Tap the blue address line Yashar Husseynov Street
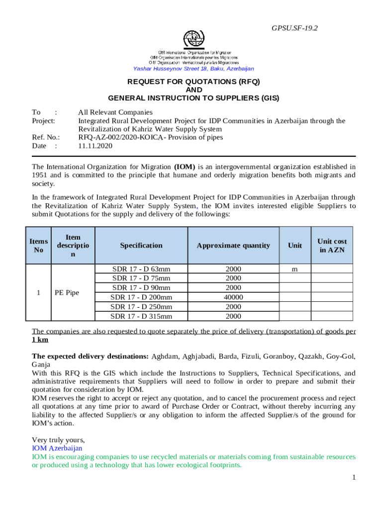pos(193,69)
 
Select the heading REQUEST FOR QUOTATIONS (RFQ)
pos(193,81)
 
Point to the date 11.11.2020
pos(96,146)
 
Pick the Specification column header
pos(141,246)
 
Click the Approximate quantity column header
pos(233,246)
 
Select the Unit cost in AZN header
pos(332,246)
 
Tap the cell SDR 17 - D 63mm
pos(141,269)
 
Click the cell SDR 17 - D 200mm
pos(141,297)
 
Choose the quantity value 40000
pos(233,297)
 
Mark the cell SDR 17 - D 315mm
pos(141,316)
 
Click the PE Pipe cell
pos(67,293)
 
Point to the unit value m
pos(295,269)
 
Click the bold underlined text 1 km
pos(40,340)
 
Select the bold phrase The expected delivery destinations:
pos(90,356)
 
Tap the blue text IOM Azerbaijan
pos(57,448)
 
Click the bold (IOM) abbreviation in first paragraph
pos(184,166)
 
